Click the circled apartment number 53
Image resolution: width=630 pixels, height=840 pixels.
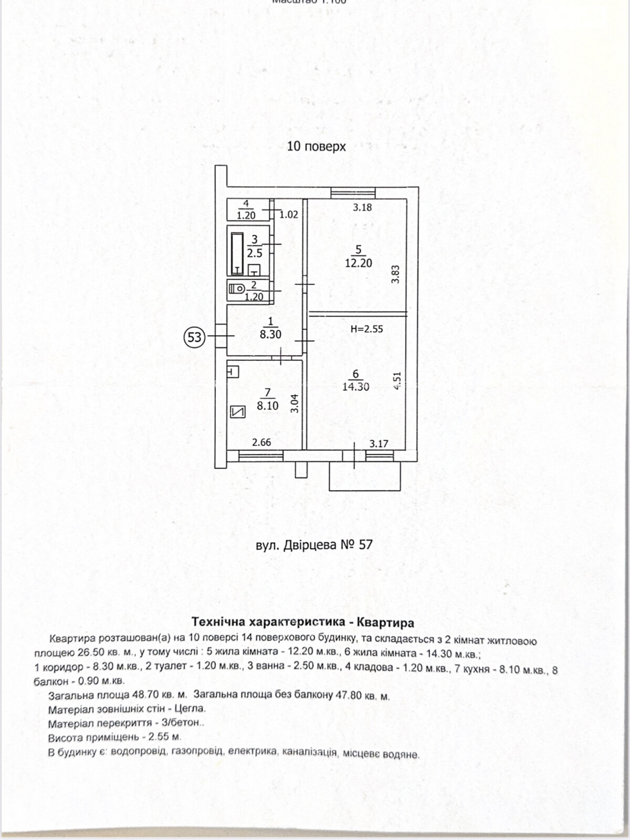tap(194, 337)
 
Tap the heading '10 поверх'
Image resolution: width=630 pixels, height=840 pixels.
tap(316, 146)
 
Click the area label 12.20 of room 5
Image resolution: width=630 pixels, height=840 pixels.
tap(359, 263)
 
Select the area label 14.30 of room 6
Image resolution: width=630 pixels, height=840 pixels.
tap(356, 387)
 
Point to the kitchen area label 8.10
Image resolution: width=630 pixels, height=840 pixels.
tap(268, 405)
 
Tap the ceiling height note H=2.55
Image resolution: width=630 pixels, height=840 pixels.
tap(366, 330)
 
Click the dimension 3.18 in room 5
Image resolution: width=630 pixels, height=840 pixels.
tap(362, 207)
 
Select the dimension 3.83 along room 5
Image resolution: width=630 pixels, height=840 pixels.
tap(396, 275)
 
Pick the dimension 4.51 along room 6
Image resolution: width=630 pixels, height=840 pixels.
tap(397, 381)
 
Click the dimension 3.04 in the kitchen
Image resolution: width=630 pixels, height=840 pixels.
tap(295, 403)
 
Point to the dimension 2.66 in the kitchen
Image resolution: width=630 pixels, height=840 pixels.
tap(261, 443)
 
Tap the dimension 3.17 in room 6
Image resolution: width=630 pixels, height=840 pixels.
tap(379, 444)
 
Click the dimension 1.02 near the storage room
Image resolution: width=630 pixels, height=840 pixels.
tap(288, 215)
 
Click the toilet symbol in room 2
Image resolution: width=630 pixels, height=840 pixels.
tap(236, 288)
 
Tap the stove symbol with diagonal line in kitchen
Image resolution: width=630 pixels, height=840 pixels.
tap(238, 412)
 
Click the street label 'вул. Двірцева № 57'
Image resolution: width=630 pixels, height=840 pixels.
tap(314, 545)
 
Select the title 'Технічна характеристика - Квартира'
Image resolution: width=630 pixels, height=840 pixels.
tap(303, 623)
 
